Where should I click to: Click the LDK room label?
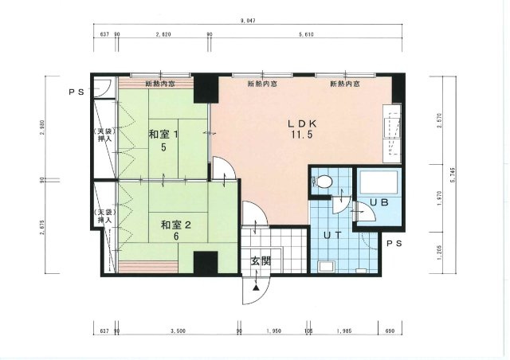pyautogui.click(x=303, y=124)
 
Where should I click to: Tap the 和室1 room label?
pyautogui.click(x=163, y=135)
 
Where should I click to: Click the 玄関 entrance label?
pyautogui.click(x=260, y=260)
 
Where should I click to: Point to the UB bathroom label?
pyautogui.click(x=379, y=203)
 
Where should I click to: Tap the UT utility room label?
pyautogui.click(x=334, y=235)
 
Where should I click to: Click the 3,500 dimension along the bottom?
pyautogui.click(x=177, y=330)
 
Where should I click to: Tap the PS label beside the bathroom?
pyautogui.click(x=394, y=243)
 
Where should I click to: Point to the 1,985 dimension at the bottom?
pyautogui.click(x=344, y=330)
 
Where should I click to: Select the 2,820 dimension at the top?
pyautogui.click(x=163, y=35)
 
